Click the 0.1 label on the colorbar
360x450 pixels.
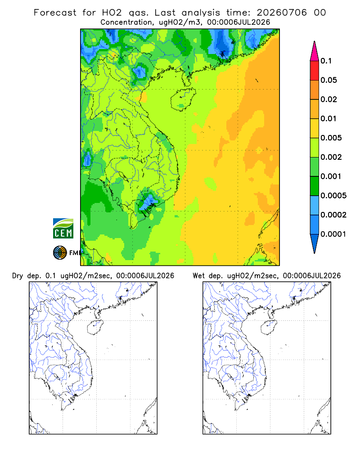pyautogui.click(x=326, y=61)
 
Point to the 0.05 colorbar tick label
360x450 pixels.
pyautogui.click(x=328, y=80)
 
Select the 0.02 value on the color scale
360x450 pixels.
pyautogui.click(x=328, y=99)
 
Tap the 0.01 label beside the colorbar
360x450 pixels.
pyautogui.click(x=328, y=118)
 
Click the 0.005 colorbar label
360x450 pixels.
pyautogui.click(x=331, y=138)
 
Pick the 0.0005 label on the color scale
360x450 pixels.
pyautogui.click(x=333, y=195)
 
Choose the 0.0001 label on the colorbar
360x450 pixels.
pyautogui.click(x=333, y=234)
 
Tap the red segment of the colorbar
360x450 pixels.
pyautogui.click(x=315, y=71)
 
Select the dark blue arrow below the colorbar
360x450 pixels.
pyautogui.click(x=315, y=243)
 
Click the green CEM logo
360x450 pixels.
pyautogui.click(x=63, y=229)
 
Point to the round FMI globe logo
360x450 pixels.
pyautogui.click(x=60, y=253)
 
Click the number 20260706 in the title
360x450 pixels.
pyautogui.click(x=282, y=13)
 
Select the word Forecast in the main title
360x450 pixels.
pyautogui.click(x=55, y=13)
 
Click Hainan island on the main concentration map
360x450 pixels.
pyautogui.click(x=183, y=99)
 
